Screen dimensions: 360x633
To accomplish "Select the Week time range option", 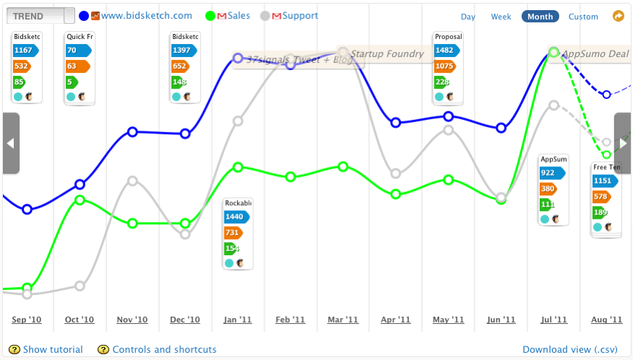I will (x=501, y=17).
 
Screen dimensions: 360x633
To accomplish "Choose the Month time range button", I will (x=540, y=17).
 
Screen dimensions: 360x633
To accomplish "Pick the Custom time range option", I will (x=583, y=17).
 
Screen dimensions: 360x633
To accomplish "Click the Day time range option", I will (x=468, y=17).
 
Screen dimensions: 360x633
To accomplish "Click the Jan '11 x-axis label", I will (x=237, y=320).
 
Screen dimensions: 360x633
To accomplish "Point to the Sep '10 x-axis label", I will (x=27, y=320).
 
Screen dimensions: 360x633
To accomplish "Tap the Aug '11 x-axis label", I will (x=606, y=320).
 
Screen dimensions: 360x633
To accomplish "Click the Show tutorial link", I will (x=53, y=350).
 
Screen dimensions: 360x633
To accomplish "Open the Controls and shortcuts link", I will (x=164, y=350).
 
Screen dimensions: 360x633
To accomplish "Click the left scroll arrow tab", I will (x=10, y=143).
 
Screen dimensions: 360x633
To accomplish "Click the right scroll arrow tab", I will (x=623, y=143).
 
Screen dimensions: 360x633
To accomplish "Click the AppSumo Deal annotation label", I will (x=595, y=53).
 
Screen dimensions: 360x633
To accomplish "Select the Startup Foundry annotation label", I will (x=387, y=53).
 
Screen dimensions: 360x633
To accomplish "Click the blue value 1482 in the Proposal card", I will (x=446, y=51).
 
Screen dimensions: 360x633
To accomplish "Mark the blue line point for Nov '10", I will (x=132, y=132).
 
